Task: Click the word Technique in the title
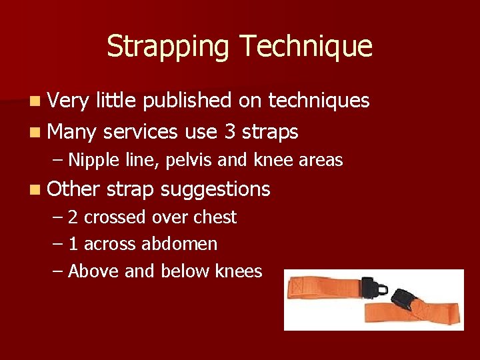point(307,47)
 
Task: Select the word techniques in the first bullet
point(318,101)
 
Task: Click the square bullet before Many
point(34,133)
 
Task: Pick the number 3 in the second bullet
point(229,132)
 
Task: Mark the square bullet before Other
point(34,190)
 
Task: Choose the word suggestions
point(215,190)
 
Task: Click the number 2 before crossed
point(73,217)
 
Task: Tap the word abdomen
point(179,244)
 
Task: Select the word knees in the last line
point(239,271)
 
